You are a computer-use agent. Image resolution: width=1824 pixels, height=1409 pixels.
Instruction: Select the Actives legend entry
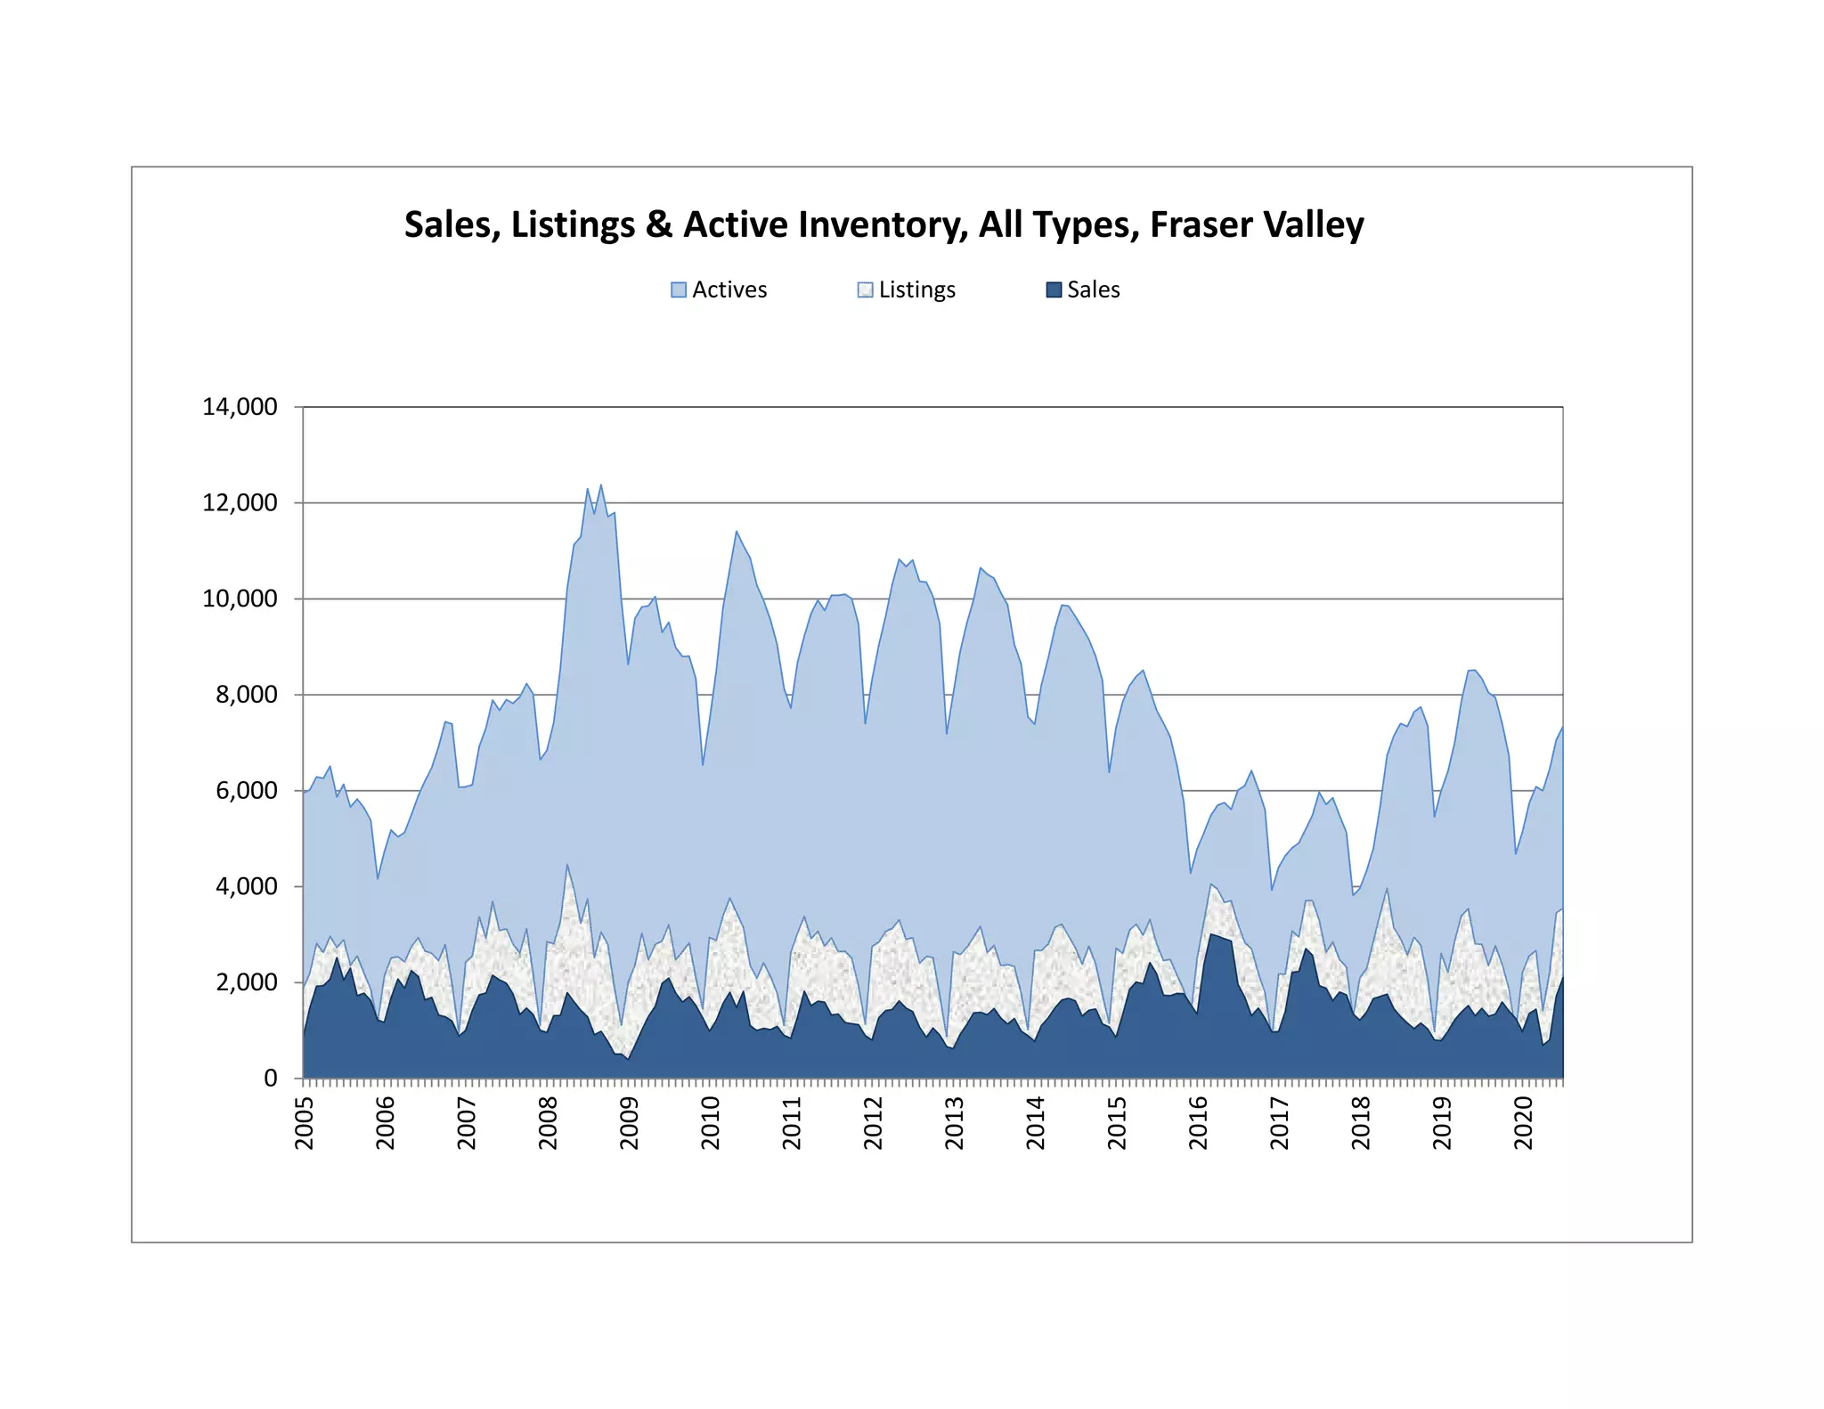[x=719, y=289]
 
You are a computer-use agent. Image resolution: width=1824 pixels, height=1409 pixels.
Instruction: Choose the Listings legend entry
[x=907, y=290]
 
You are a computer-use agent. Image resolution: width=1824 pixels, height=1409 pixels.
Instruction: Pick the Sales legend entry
[x=1083, y=289]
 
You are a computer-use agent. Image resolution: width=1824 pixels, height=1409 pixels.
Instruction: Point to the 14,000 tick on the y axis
[x=240, y=407]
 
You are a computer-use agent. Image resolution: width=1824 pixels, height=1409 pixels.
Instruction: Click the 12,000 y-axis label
[x=240, y=503]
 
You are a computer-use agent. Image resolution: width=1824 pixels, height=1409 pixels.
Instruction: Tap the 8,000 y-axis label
[x=247, y=695]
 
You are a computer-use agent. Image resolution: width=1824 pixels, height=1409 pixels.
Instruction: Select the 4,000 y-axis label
[x=247, y=887]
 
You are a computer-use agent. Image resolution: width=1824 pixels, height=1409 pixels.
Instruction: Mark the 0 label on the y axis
[x=272, y=1079]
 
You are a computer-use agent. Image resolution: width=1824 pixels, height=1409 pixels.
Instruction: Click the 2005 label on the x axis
[x=305, y=1123]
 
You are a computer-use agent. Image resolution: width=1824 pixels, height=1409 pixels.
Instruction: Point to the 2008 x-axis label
[x=549, y=1123]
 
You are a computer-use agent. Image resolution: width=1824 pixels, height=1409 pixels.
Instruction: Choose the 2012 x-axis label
[x=874, y=1123]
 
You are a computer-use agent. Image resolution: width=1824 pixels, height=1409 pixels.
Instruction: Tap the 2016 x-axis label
[x=1199, y=1123]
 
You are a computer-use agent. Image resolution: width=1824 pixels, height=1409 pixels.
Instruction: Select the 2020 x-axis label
[x=1524, y=1123]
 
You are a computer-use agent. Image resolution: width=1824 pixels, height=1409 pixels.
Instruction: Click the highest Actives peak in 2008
[x=601, y=485]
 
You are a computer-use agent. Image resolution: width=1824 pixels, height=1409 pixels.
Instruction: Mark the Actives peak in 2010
[x=737, y=532]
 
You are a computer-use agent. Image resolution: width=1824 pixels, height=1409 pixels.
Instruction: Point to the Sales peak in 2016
[x=1210, y=933]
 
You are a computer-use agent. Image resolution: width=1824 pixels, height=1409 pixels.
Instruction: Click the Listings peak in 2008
[x=567, y=864]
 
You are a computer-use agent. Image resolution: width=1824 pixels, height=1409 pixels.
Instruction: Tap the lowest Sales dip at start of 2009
[x=628, y=1059]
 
